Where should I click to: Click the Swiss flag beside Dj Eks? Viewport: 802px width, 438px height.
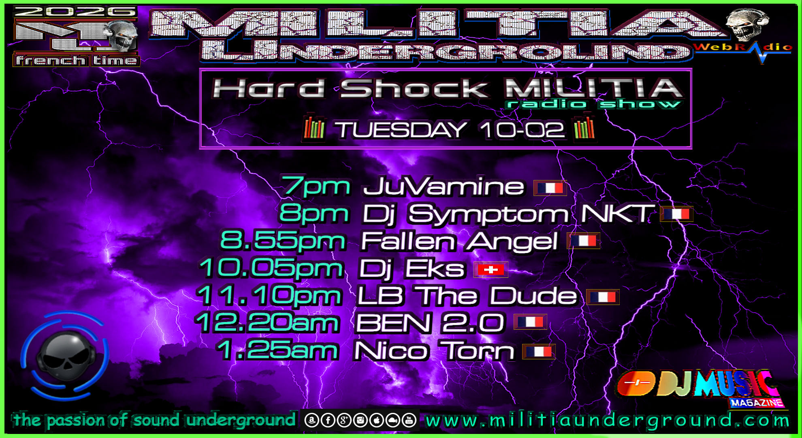tap(491, 270)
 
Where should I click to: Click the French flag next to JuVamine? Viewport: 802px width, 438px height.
tap(550, 188)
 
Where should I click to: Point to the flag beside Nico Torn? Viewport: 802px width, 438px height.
tap(539, 352)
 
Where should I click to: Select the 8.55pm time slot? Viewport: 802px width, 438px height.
tap(283, 241)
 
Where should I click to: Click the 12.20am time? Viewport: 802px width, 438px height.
tap(267, 323)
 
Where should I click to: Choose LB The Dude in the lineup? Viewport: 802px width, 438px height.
tap(467, 296)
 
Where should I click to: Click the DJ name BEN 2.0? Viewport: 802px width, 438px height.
tap(430, 323)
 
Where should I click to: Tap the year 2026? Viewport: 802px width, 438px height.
tap(75, 12)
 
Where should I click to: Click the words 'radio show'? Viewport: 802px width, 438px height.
tap(594, 104)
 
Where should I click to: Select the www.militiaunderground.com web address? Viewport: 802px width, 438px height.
tap(607, 421)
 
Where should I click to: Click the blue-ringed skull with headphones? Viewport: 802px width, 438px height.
tap(65, 355)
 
